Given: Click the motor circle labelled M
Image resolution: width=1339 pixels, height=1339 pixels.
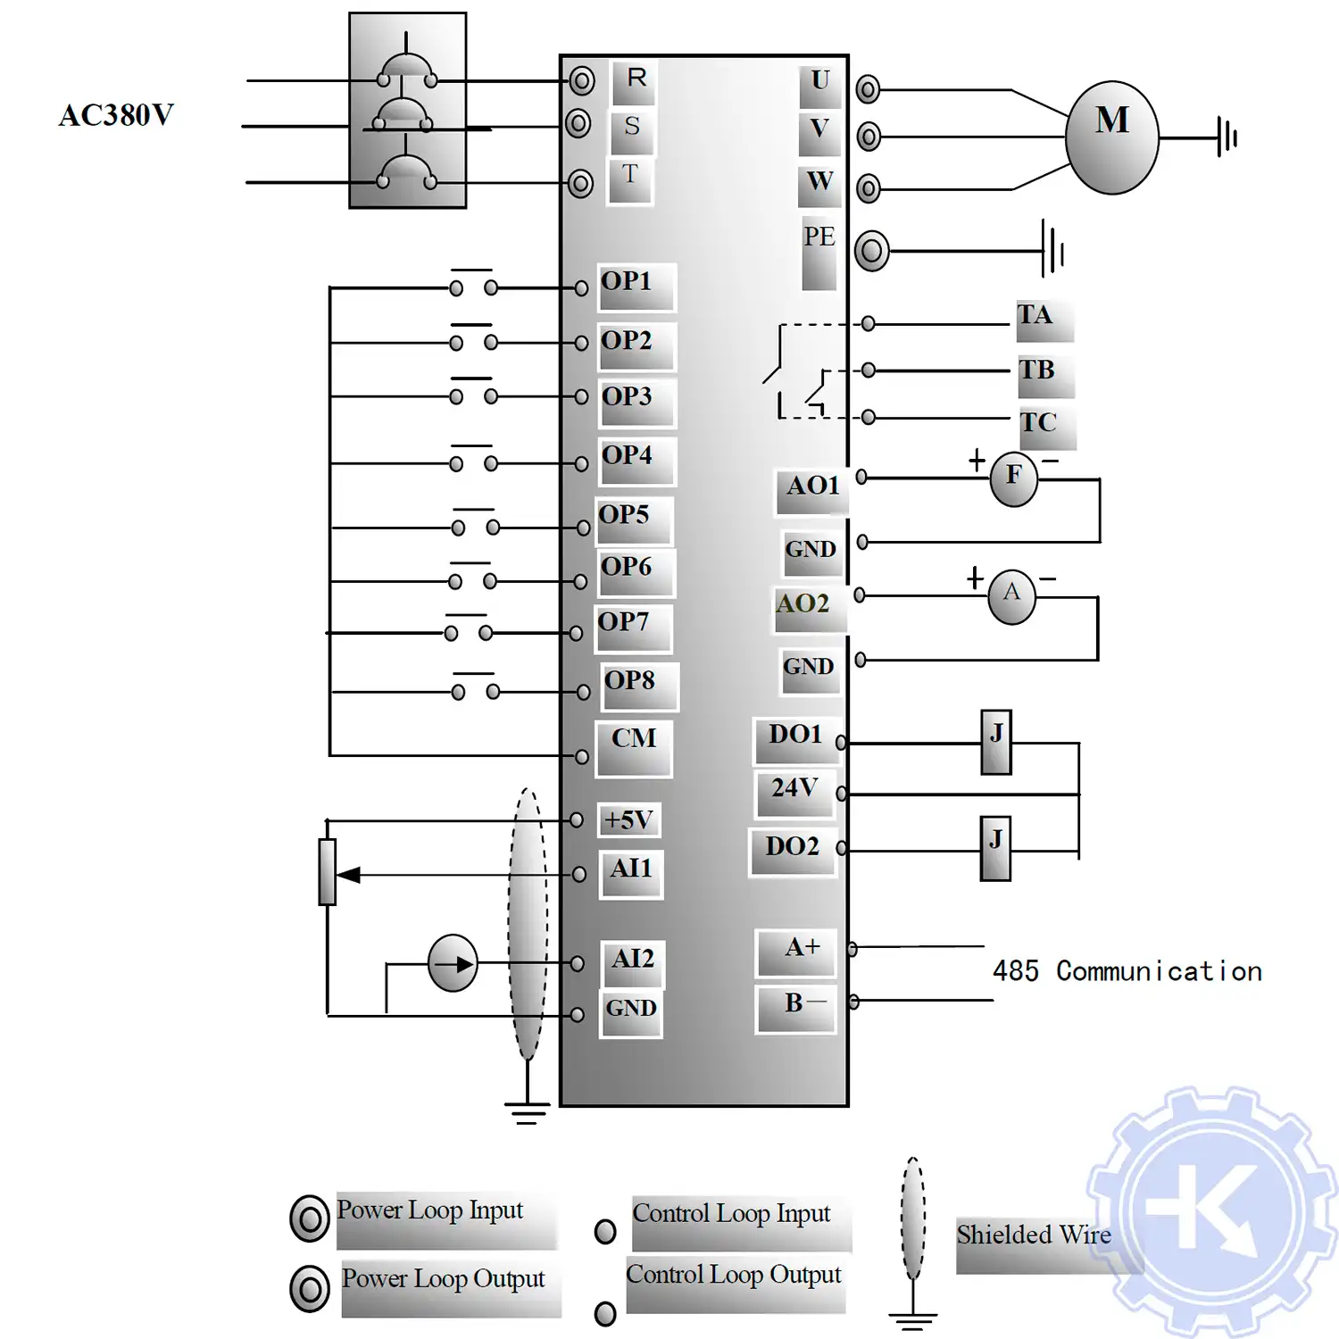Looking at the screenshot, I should click(1111, 137).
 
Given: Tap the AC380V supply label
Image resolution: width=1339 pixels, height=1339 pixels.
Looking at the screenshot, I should click(116, 115).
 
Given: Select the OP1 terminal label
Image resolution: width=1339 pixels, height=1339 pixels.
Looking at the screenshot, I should click(627, 282).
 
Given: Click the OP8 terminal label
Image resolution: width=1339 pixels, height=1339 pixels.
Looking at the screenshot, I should click(630, 681).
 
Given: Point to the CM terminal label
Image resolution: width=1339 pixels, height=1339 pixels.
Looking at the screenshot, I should click(634, 739).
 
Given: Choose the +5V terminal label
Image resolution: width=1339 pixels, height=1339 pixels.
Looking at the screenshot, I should click(628, 819).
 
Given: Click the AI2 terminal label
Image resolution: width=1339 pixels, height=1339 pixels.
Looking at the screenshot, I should click(632, 959).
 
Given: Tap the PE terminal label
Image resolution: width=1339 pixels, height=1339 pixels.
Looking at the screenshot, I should click(819, 237).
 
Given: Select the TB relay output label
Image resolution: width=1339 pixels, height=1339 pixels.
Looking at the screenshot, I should click(1037, 370).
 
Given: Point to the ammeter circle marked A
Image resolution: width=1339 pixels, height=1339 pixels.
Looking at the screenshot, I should click(1011, 595).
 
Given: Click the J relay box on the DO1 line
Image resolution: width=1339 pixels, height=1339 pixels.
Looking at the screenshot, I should click(996, 741).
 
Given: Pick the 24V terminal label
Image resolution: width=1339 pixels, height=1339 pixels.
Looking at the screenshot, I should click(794, 788).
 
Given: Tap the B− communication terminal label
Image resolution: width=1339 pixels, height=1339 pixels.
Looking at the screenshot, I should click(803, 1003).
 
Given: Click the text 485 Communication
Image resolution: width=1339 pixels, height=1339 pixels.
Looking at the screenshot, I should click(1127, 971).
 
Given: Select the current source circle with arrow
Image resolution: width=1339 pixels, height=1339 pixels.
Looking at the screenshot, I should click(453, 963).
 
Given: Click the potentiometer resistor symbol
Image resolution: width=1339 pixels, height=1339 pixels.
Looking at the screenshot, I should click(328, 871).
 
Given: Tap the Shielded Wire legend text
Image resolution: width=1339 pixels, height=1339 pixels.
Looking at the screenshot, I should click(1034, 1235).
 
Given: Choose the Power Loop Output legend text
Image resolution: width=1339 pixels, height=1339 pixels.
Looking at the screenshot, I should click(443, 1279).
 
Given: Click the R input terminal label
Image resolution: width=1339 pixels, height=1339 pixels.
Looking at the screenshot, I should click(636, 79).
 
